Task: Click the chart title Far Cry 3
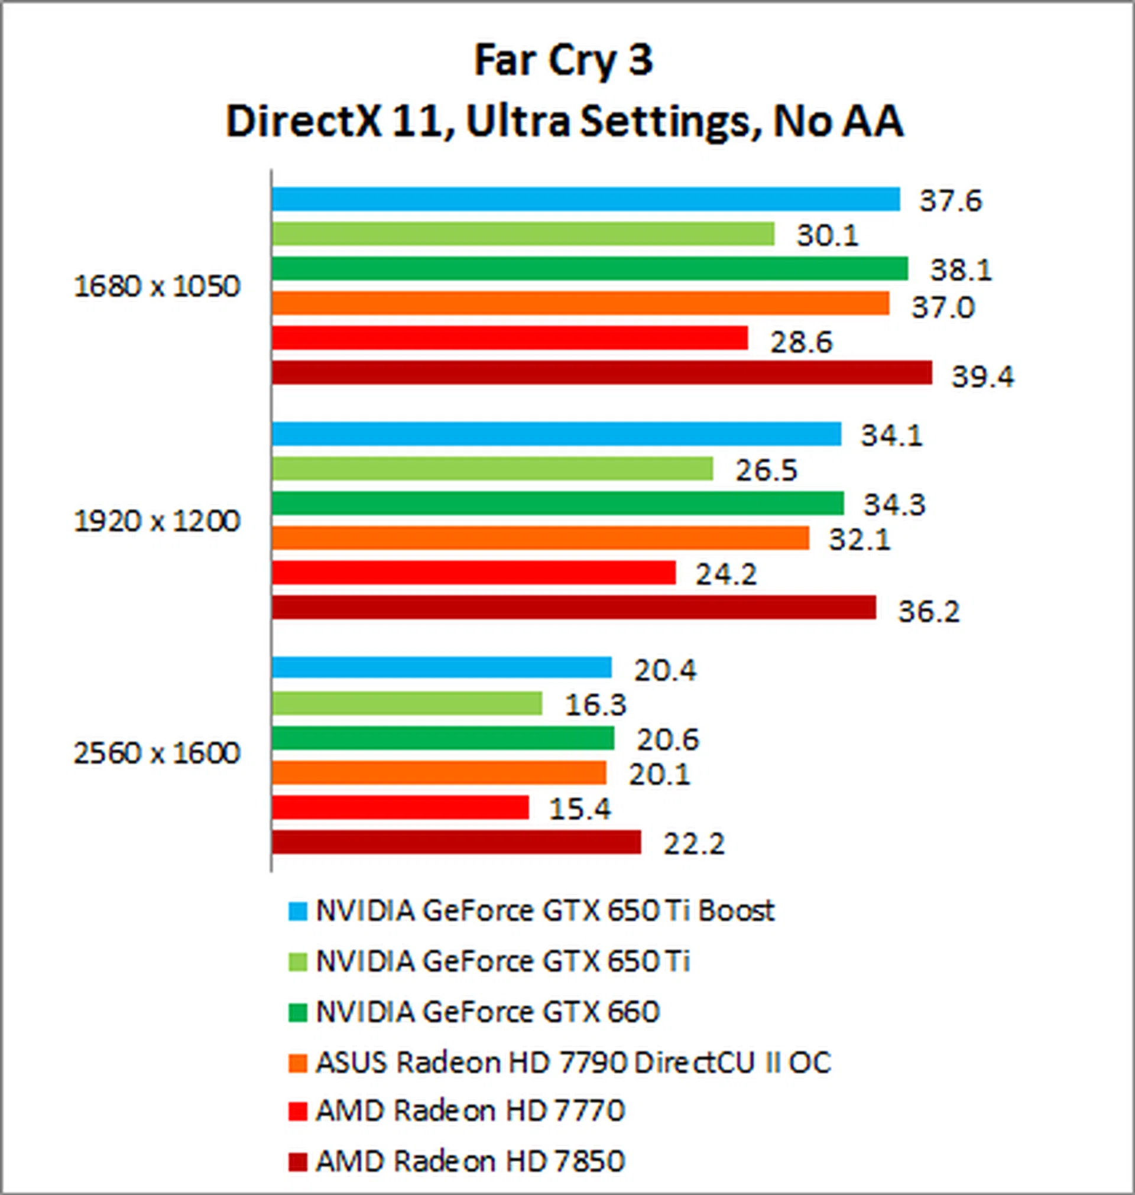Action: click(x=563, y=61)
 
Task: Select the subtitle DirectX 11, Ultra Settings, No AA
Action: click(x=565, y=122)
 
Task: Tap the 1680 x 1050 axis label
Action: click(x=157, y=286)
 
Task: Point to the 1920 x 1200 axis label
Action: click(x=157, y=521)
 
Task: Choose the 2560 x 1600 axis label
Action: click(x=157, y=753)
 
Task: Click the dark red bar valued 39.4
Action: click(x=601, y=372)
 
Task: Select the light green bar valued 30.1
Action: click(x=523, y=234)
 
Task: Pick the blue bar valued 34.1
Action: click(x=556, y=434)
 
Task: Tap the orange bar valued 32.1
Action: click(x=540, y=538)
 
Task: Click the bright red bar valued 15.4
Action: click(x=400, y=807)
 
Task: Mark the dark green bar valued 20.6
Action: click(x=442, y=738)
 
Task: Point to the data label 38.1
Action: click(x=961, y=269)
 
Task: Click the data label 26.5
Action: click(x=766, y=470)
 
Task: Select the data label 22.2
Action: click(x=693, y=843)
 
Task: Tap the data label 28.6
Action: click(x=801, y=342)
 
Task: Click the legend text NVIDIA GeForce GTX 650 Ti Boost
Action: click(x=544, y=911)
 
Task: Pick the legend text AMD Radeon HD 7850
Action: click(x=469, y=1161)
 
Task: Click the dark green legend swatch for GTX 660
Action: click(x=298, y=1012)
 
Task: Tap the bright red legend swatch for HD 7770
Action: click(x=298, y=1112)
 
